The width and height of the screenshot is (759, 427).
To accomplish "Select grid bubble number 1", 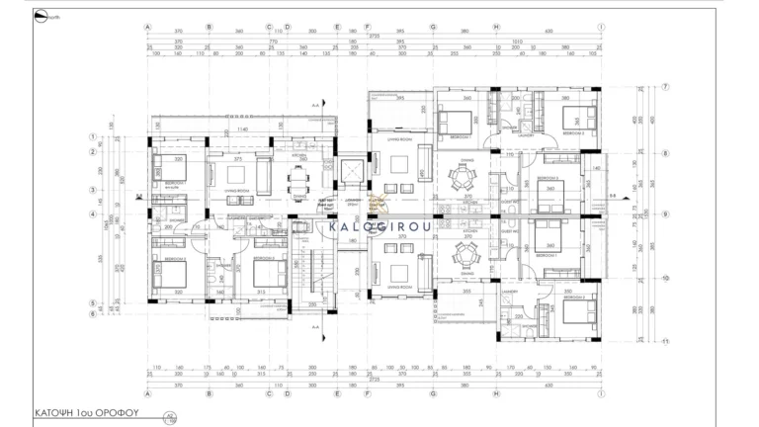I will (x=93, y=138).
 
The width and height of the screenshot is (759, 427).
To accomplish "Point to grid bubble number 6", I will (x=93, y=313).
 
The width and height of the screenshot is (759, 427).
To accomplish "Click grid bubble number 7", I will (x=666, y=87).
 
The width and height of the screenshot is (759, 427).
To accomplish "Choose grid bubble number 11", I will (x=666, y=341).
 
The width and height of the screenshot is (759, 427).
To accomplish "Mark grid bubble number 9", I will (x=666, y=213).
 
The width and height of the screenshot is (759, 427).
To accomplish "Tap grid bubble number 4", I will (x=93, y=213).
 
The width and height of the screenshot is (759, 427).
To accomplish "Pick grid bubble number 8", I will (x=666, y=153).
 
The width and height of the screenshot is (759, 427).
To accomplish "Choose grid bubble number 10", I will (x=666, y=279).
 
